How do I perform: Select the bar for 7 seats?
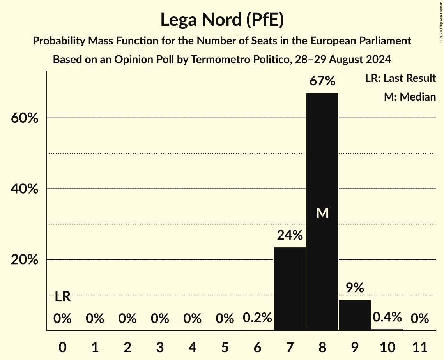tap(290, 289)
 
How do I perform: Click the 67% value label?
tap(322, 81)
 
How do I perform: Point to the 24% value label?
tap(290, 235)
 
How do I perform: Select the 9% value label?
tap(355, 288)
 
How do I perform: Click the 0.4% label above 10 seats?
tap(387, 317)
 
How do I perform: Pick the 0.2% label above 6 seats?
tap(257, 318)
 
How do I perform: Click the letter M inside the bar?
tap(322, 213)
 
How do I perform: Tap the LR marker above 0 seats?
tap(62, 297)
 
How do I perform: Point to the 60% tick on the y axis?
tap(24, 118)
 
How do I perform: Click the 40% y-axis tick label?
tap(24, 189)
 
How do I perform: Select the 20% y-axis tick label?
tap(24, 260)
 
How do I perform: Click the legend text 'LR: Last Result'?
tap(400, 78)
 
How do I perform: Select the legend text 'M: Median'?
tap(410, 97)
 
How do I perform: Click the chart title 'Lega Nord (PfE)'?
tap(222, 20)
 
